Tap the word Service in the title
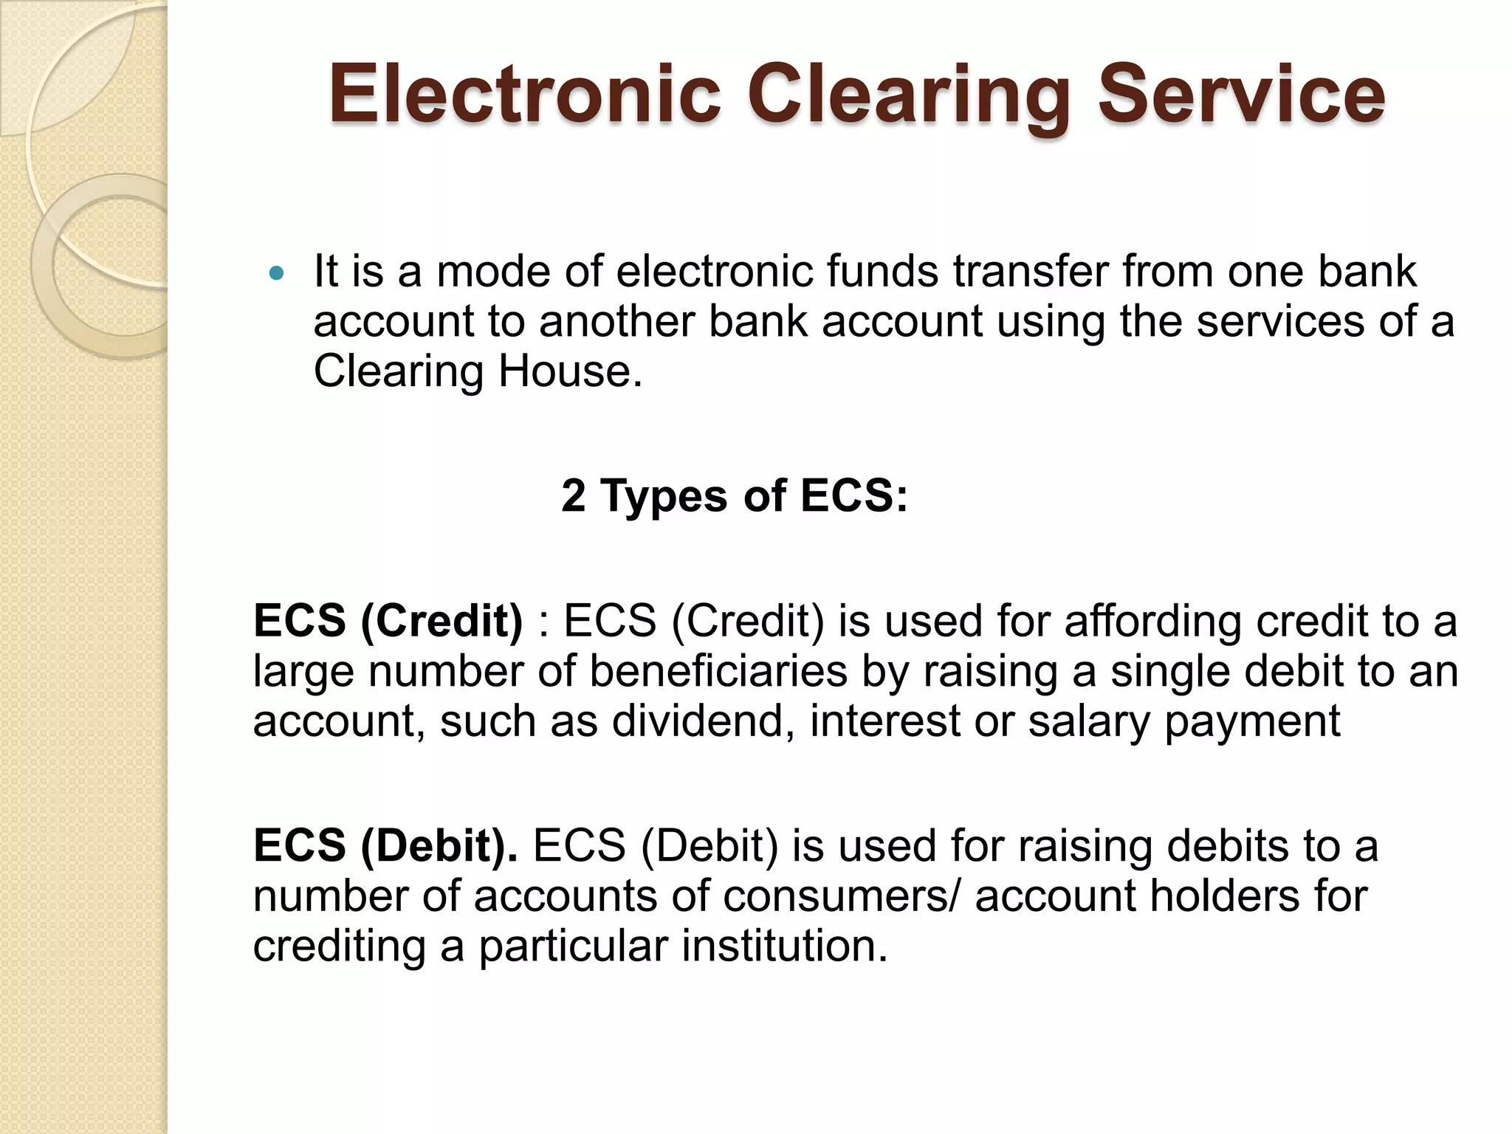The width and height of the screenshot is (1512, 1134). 1240,94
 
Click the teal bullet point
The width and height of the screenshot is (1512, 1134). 277,274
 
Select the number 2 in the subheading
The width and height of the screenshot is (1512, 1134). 574,495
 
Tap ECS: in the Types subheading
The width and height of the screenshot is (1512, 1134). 854,495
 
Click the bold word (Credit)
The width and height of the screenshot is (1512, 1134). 442,621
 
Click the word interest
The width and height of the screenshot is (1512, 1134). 885,721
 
